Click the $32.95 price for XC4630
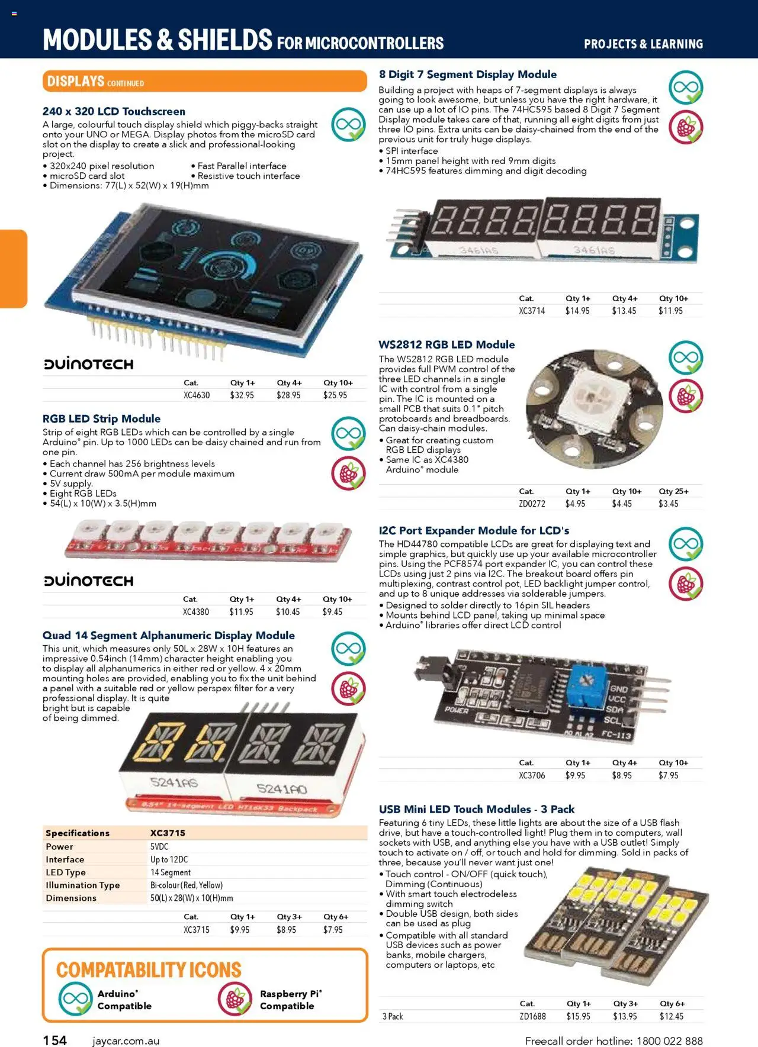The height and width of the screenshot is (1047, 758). [x=242, y=395]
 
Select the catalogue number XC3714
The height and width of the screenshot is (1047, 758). [x=532, y=311]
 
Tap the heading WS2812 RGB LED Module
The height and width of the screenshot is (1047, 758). [x=447, y=344]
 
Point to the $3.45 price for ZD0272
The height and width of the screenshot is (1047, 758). [x=669, y=504]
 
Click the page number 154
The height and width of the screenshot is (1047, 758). [x=55, y=1040]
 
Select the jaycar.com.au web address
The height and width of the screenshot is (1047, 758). [x=126, y=1040]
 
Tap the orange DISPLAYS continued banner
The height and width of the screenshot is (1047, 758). [x=204, y=81]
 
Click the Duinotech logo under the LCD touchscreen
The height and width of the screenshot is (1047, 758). [x=89, y=364]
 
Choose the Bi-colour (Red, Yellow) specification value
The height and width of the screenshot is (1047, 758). [x=187, y=885]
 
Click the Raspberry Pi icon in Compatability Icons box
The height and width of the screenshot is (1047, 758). [x=235, y=999]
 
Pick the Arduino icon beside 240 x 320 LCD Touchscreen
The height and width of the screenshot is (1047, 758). [x=348, y=124]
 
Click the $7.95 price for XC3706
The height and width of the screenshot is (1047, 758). [x=668, y=775]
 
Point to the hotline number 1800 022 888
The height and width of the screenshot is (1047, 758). [x=669, y=1040]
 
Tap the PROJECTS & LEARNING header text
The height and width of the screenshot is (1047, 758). [x=643, y=44]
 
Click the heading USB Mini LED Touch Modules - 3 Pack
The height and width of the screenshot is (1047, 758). [x=476, y=809]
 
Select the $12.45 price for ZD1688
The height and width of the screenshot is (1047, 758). [x=671, y=1016]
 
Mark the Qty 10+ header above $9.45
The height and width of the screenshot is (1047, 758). [x=337, y=599]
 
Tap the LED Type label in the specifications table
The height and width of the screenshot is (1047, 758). [x=66, y=872]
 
